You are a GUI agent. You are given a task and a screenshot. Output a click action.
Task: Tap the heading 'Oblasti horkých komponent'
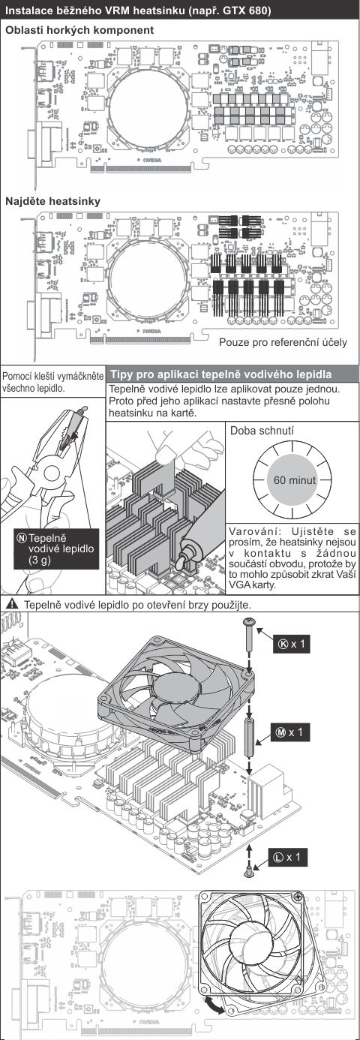pos(79,30)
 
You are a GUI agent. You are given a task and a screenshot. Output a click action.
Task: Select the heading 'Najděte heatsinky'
pos(53,202)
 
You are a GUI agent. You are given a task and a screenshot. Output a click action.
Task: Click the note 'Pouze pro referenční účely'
pos(283,343)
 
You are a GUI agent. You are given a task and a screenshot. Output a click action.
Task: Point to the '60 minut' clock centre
pos(292,480)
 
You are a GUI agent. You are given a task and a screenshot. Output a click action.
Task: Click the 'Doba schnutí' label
pos(262,431)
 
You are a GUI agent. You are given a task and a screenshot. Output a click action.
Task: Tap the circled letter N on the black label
pos(21,538)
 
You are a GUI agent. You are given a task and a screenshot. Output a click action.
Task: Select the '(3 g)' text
pos(40,560)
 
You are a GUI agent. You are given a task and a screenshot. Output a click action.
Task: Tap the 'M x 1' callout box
pos(289,732)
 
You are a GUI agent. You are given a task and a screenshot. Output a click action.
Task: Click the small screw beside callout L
pos(250,872)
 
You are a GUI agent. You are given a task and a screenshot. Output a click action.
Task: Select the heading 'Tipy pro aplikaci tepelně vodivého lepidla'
pos(221,374)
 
